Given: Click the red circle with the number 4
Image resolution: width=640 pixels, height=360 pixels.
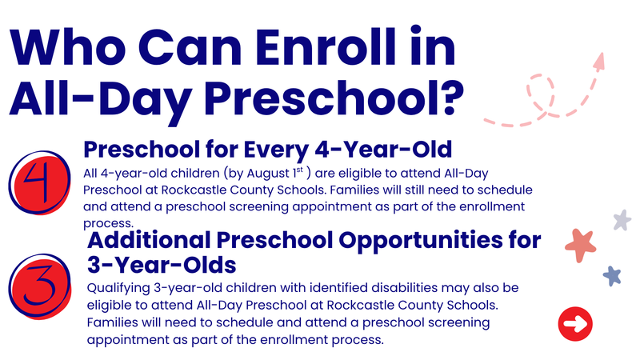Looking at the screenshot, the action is click(40, 183).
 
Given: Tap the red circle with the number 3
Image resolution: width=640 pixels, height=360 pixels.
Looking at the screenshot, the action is click(40, 286).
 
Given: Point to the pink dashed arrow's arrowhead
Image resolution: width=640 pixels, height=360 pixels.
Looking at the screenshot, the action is click(599, 62).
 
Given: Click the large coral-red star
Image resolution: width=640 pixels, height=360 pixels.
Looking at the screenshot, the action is click(581, 245).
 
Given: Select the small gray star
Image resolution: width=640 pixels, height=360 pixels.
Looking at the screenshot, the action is click(622, 220).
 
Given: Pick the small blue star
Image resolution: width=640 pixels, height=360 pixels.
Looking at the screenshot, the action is click(612, 276).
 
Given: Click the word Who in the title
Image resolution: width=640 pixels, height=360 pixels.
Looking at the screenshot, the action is click(68, 47).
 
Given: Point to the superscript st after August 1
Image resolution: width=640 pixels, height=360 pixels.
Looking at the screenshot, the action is click(300, 170).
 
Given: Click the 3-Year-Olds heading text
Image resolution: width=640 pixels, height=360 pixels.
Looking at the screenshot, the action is click(162, 266).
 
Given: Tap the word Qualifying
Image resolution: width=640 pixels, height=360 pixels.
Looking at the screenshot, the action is click(118, 289).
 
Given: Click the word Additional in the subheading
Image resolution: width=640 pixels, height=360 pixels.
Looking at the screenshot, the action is click(149, 239).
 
